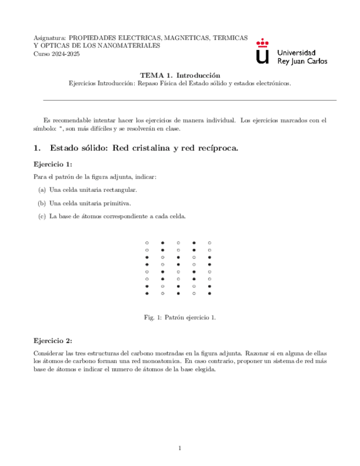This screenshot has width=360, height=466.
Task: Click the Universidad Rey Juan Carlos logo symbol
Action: (x=264, y=51)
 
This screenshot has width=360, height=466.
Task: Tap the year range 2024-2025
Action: (x=64, y=54)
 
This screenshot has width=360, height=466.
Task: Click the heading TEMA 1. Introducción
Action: (x=180, y=75)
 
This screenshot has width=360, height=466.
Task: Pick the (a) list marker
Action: (x=42, y=190)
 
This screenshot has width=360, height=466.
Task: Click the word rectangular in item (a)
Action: (x=119, y=190)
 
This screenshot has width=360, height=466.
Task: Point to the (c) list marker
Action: (x=42, y=216)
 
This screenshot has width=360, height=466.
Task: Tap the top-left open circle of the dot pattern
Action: (x=147, y=242)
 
